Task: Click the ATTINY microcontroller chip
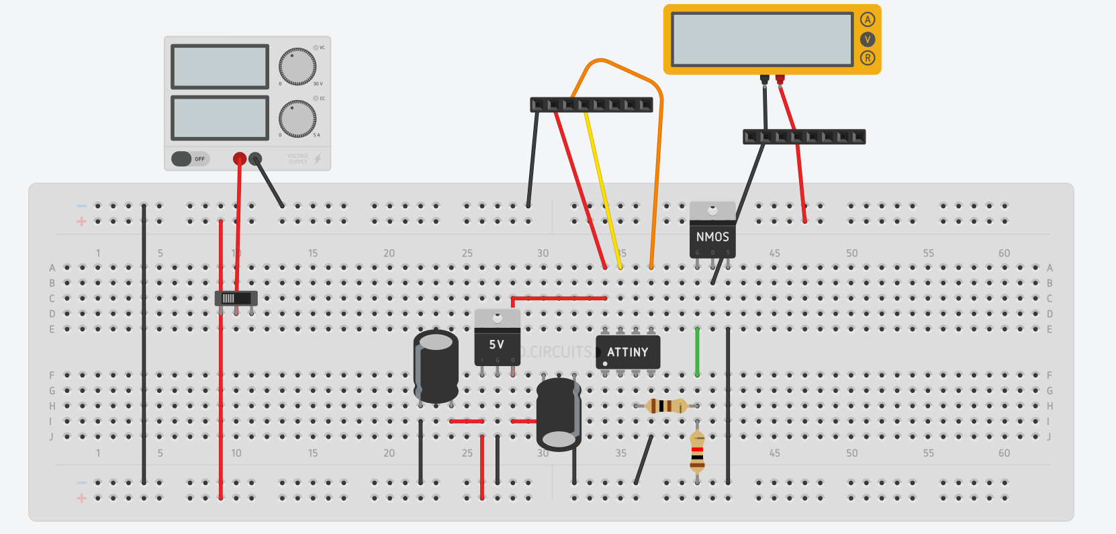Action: [x=627, y=352]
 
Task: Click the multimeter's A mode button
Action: [x=868, y=19]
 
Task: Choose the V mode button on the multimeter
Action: [x=868, y=39]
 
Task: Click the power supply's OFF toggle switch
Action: [x=190, y=159]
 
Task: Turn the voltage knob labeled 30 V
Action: [x=297, y=66]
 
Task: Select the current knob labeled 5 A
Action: [x=297, y=119]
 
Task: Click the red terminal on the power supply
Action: [x=240, y=159]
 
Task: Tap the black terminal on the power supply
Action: [x=255, y=159]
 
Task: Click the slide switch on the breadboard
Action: [x=236, y=298]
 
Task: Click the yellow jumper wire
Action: [x=603, y=188]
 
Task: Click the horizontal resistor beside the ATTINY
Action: [x=665, y=406]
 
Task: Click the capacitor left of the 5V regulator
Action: [x=436, y=366]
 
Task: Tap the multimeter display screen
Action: [x=762, y=40]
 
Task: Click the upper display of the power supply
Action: [x=220, y=66]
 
